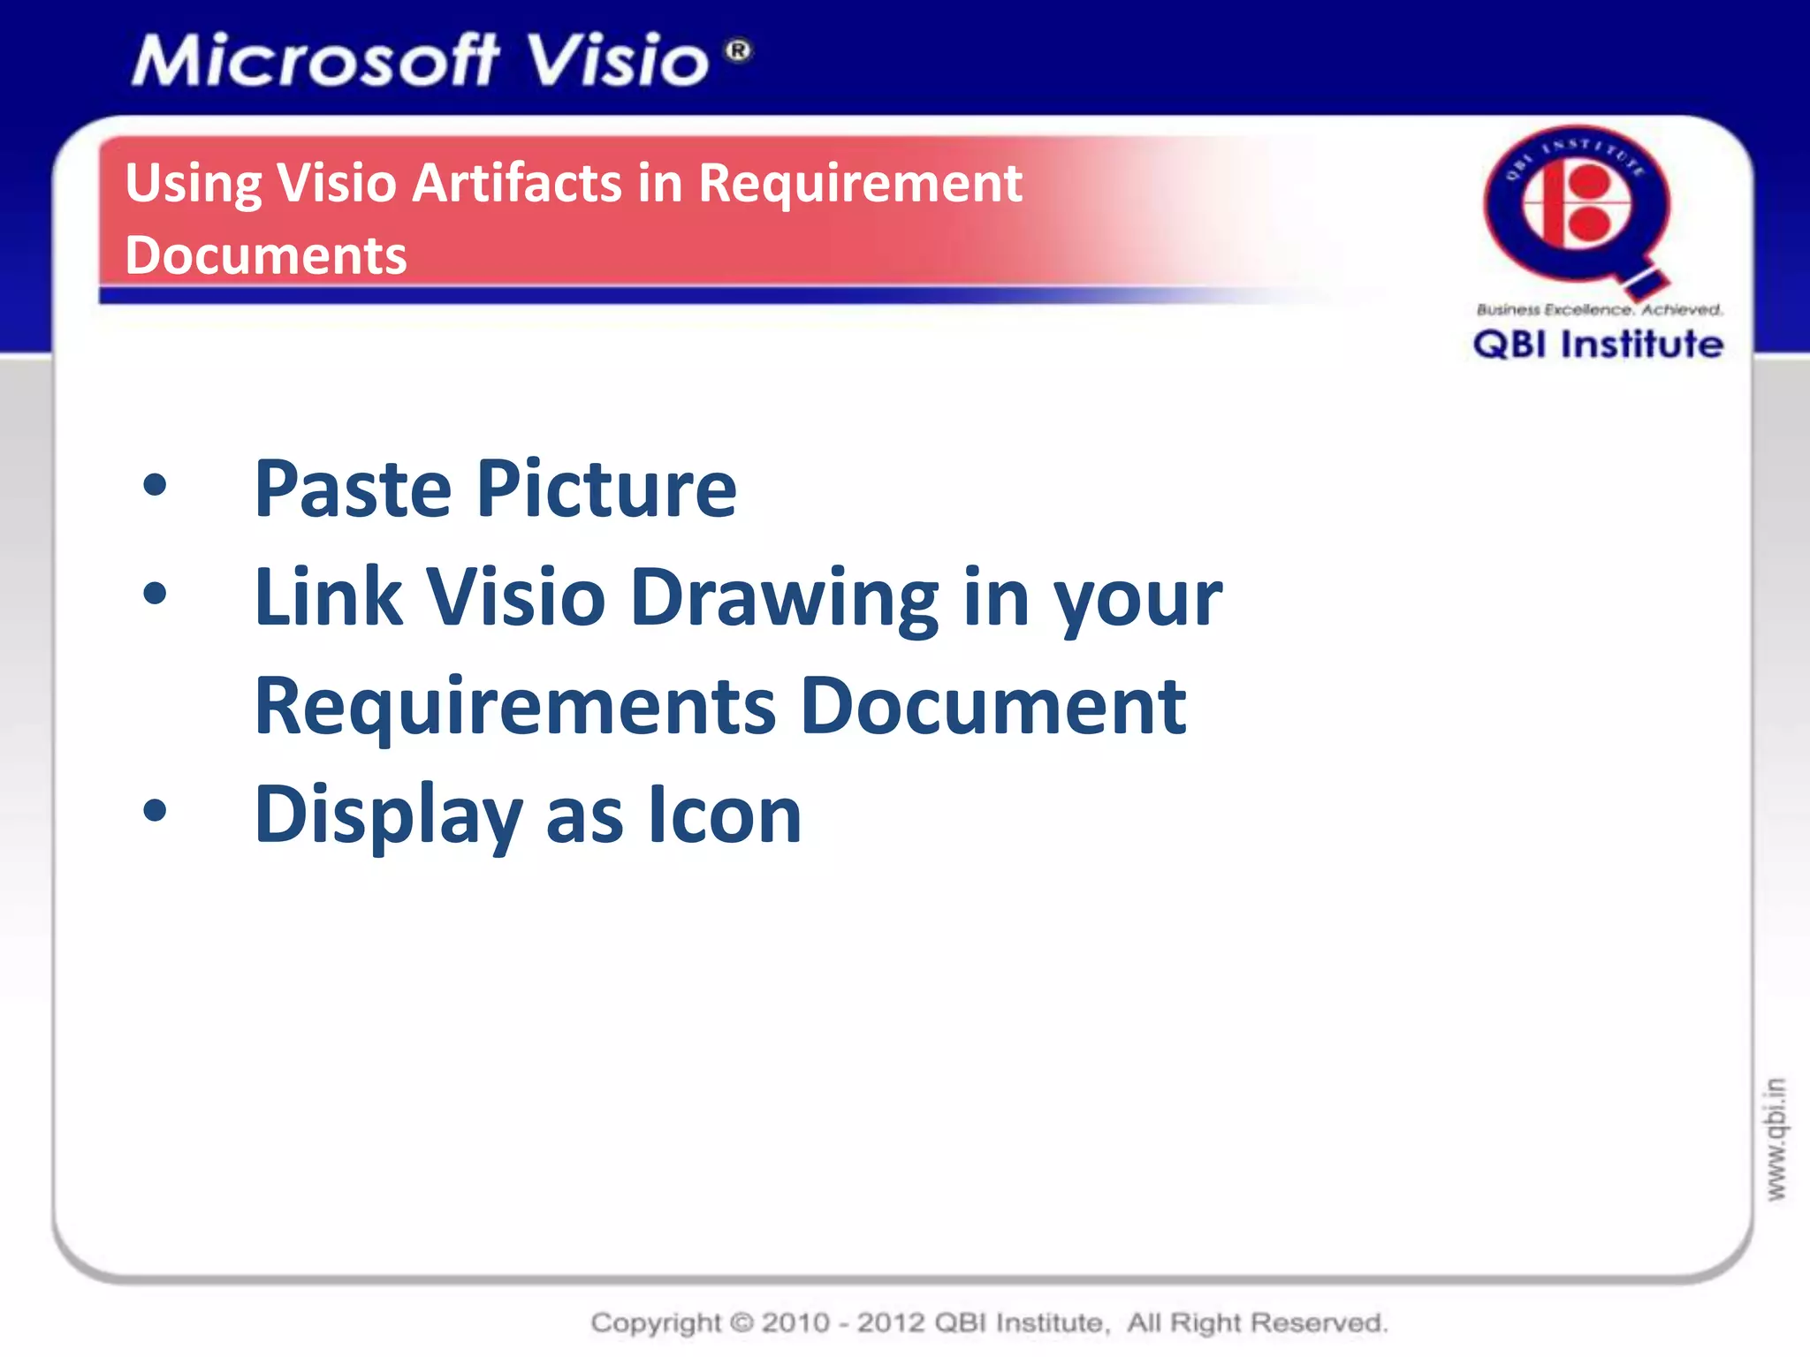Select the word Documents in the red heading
[266, 255]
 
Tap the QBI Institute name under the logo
[1598, 345]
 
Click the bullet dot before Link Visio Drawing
[155, 594]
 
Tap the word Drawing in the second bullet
[784, 599]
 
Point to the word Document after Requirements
[993, 706]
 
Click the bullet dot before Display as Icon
[155, 810]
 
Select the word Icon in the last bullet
[724, 815]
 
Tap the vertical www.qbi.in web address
[1775, 1139]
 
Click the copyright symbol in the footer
[741, 1323]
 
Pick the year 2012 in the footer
[891, 1323]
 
